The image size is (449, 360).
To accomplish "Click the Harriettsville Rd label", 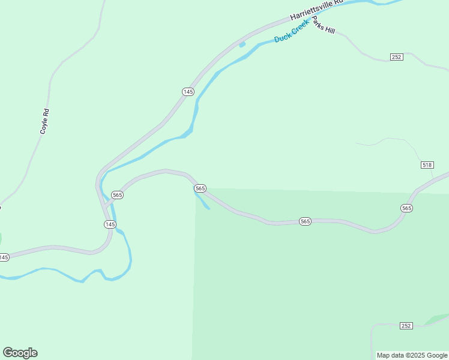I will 316,10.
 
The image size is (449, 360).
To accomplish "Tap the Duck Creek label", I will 291,31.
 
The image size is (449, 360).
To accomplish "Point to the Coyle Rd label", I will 43,121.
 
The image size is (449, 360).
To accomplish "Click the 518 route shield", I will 427,165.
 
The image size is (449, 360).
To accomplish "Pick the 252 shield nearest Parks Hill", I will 396,57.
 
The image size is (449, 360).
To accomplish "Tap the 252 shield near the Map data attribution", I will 406,326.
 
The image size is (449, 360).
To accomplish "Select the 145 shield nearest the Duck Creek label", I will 188,91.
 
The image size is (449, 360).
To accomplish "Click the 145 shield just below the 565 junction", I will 109,224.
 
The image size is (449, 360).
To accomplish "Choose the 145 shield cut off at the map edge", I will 4,257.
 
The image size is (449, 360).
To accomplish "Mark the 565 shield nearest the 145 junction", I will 117,195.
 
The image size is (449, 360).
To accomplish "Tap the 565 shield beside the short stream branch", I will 200,188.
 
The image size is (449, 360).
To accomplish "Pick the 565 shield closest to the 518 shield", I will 407,208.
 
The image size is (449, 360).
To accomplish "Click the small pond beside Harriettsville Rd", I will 242,44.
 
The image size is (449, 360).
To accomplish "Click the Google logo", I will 20,353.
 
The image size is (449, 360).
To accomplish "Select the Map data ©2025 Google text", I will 412,355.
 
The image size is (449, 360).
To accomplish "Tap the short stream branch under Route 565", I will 202,200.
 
